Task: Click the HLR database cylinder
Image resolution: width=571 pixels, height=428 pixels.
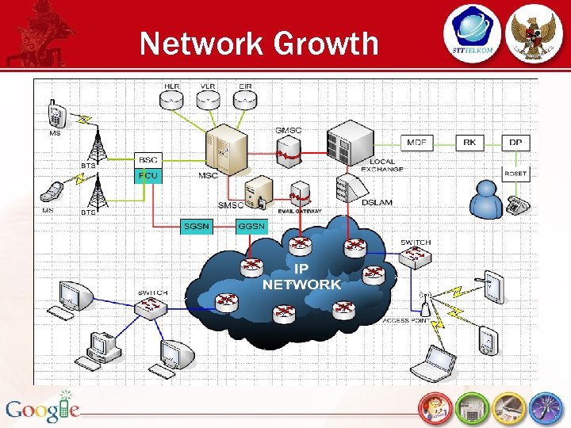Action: [172, 100]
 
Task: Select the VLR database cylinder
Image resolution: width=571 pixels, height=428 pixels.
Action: [209, 100]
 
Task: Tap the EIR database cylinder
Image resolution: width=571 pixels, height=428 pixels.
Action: [245, 100]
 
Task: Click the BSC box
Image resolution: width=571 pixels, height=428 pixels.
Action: [148, 159]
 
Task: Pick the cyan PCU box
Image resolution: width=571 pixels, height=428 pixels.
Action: [148, 174]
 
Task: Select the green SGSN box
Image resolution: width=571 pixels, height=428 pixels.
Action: [196, 226]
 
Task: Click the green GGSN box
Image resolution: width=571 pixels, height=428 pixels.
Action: [251, 226]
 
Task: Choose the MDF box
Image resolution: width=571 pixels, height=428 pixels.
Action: [417, 143]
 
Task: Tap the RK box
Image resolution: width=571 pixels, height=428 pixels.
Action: [470, 143]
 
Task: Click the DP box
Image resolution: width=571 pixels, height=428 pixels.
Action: [515, 143]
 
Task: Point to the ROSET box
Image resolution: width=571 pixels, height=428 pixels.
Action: [515, 174]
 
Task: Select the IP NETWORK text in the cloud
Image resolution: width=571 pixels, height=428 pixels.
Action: [301, 277]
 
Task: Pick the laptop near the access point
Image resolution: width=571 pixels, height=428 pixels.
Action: [434, 362]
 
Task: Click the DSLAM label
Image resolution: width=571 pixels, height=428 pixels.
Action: [377, 203]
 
